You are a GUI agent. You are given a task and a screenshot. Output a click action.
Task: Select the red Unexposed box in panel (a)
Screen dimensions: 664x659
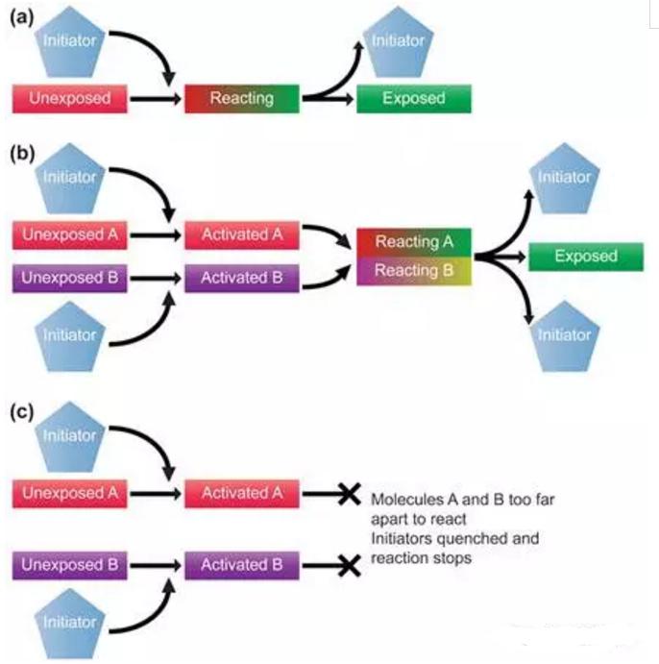point(69,98)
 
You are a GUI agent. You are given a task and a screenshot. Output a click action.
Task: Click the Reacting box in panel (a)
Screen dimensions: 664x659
point(241,98)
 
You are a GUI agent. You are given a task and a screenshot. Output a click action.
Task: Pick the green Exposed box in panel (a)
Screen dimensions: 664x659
point(413,98)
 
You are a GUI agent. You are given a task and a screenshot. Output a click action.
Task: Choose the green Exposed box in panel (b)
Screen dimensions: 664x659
point(585,257)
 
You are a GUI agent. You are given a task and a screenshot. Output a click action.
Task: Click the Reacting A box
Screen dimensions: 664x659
point(413,242)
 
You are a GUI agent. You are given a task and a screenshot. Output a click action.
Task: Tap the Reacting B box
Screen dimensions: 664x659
point(413,272)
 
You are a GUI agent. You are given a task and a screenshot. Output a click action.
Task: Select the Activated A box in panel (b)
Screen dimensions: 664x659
point(241,235)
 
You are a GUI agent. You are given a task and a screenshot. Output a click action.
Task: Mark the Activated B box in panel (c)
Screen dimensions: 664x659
point(241,565)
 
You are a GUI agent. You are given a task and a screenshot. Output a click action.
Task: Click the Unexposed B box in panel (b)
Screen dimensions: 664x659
point(69,279)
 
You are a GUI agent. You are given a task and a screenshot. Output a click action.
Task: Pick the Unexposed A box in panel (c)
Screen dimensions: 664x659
point(69,493)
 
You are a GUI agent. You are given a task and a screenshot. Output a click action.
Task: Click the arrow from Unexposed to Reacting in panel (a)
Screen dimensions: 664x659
point(156,98)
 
